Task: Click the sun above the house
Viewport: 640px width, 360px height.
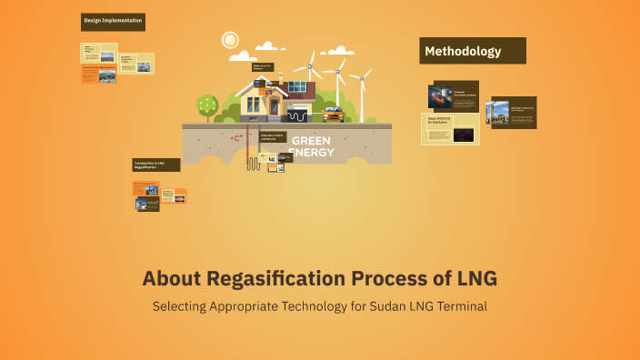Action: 230,40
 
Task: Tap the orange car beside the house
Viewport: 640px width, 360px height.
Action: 332,115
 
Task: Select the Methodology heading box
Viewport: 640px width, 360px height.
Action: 473,51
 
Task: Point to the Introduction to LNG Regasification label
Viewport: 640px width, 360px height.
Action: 155,165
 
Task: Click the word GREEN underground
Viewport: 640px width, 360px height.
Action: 311,141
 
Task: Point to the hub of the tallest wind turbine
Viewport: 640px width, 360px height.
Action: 310,65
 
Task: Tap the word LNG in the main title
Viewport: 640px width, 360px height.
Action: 477,277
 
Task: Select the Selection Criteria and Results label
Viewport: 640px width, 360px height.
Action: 275,137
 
